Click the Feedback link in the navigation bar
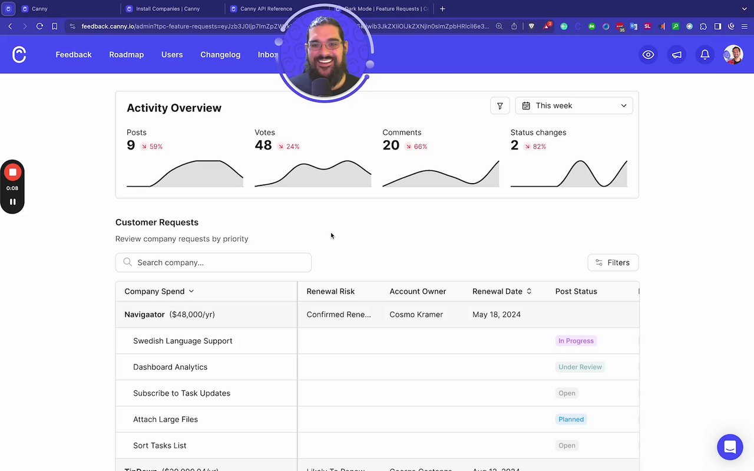(74, 55)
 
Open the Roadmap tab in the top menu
(126, 55)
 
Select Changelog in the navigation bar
(220, 55)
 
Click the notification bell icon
(705, 55)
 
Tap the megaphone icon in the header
(677, 55)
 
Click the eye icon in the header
(648, 55)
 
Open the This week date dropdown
(574, 105)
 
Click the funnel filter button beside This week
(500, 105)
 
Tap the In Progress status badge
(576, 341)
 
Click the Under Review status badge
(580, 367)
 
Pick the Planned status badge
(571, 419)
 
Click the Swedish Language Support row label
(183, 341)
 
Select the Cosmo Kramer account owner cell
(416, 314)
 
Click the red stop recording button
(12, 173)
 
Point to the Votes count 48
(263, 145)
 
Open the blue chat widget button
(729, 447)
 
